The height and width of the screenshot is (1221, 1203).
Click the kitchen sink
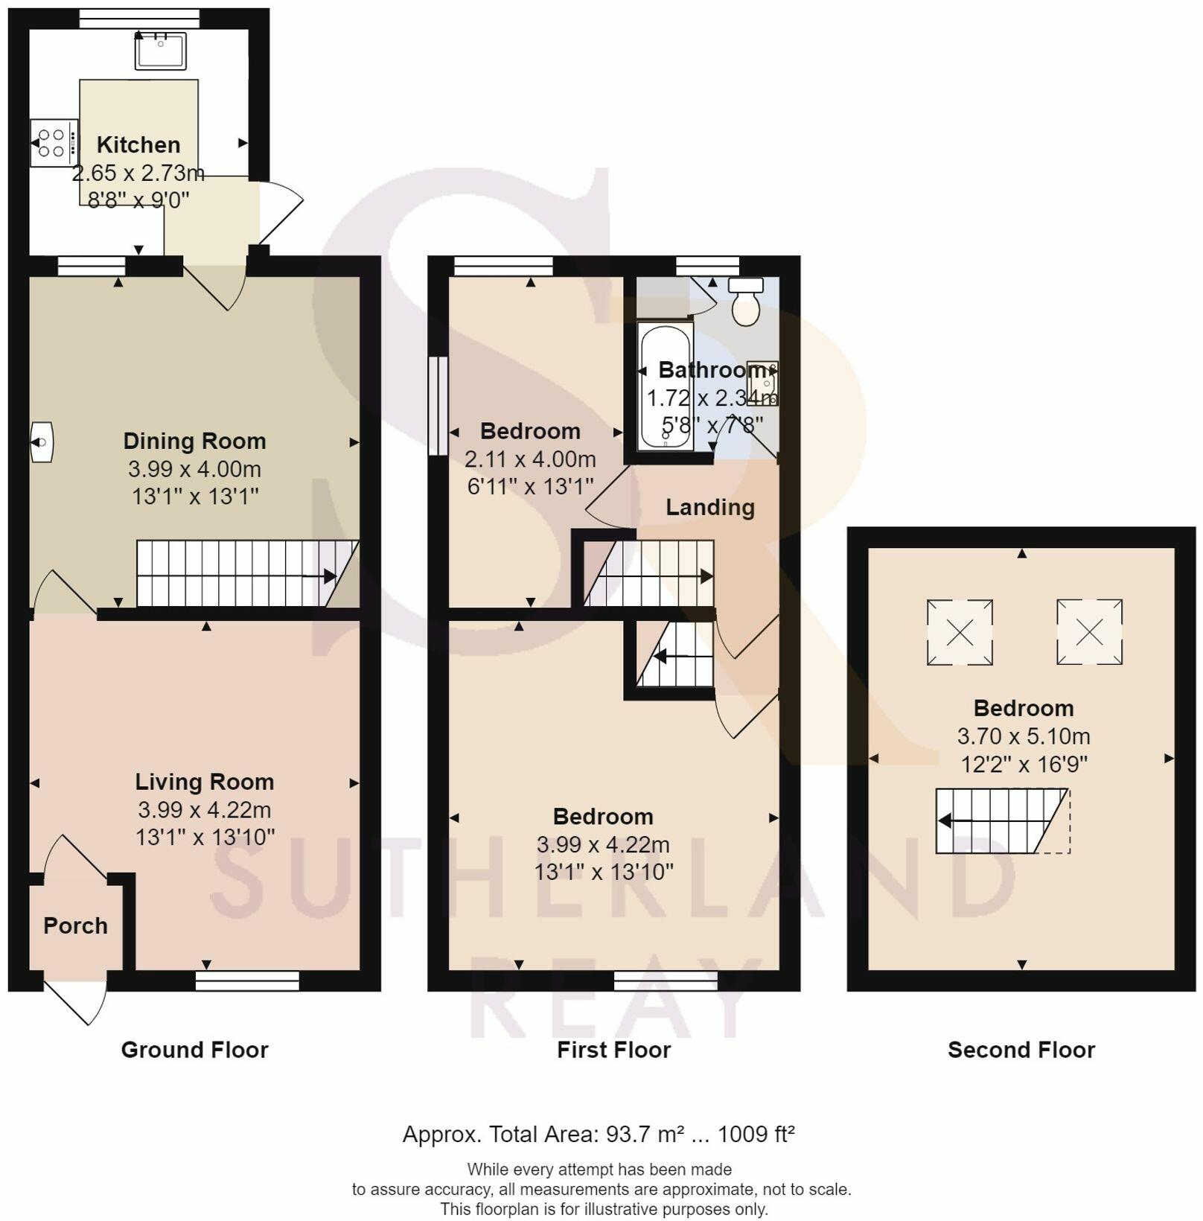[x=160, y=51]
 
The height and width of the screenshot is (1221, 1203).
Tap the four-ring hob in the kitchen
[x=54, y=143]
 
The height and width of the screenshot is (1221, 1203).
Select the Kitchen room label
[x=138, y=144]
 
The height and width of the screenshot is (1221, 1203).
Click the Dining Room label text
[x=194, y=441]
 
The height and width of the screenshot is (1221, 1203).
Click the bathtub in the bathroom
[x=666, y=386]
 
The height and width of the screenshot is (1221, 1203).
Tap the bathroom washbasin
[x=763, y=383]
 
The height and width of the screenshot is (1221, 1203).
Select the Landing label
[x=710, y=507]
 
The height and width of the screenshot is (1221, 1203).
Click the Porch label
[x=75, y=925]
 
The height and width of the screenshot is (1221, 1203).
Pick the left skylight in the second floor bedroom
[x=960, y=632]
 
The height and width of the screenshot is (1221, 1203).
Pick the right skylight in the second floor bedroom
[x=1089, y=632]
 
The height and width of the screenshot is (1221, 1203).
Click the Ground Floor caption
[x=194, y=1050]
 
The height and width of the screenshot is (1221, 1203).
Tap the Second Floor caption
[x=1021, y=1050]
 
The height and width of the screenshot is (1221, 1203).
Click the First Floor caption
[x=614, y=1050]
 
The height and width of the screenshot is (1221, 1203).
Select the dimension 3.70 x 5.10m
[x=1024, y=736]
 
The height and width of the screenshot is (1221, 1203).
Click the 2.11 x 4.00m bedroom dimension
[x=530, y=459]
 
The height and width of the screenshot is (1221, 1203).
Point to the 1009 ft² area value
[x=756, y=1134]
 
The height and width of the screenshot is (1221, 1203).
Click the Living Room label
[x=205, y=782]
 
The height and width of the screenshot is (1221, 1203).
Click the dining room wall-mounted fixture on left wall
[x=42, y=442]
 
